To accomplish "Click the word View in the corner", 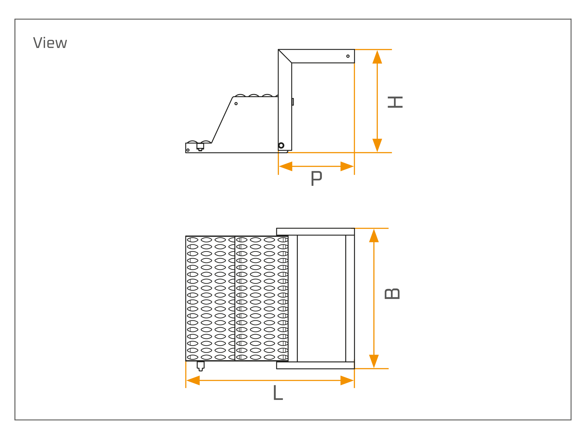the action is (x=50, y=42).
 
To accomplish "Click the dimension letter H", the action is (x=395, y=102).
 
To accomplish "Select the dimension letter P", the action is (x=317, y=179).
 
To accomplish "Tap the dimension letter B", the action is (x=392, y=294).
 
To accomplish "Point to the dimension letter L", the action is (x=278, y=392).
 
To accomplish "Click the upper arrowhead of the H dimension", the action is (x=377, y=57).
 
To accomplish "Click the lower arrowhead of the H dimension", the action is (x=377, y=145).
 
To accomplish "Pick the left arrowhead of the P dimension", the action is (x=286, y=166).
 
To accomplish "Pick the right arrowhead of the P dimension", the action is (x=347, y=166).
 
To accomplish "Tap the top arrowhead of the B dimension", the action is (x=374, y=236).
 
